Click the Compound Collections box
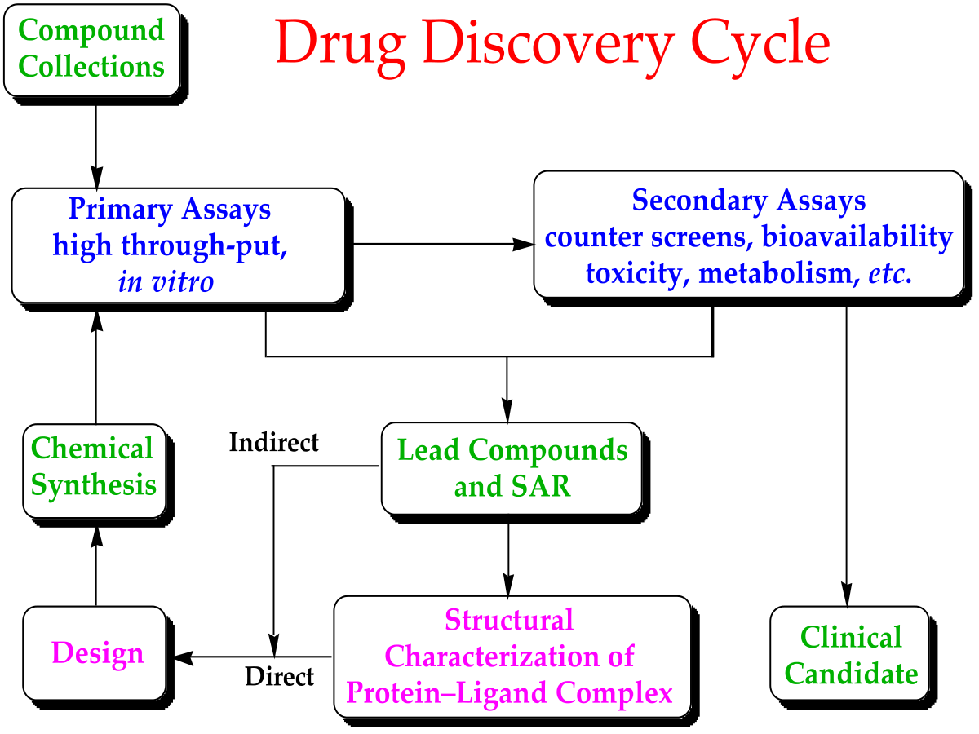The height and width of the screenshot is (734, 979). [92, 49]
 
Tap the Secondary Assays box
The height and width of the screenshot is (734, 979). [749, 237]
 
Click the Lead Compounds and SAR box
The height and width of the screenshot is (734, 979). [512, 468]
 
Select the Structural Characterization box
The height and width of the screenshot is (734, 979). [510, 657]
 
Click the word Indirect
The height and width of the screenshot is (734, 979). [274, 443]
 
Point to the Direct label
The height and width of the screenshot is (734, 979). [279, 676]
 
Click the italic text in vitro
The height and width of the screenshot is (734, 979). [166, 282]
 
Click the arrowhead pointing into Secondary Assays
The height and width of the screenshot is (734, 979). [524, 243]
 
